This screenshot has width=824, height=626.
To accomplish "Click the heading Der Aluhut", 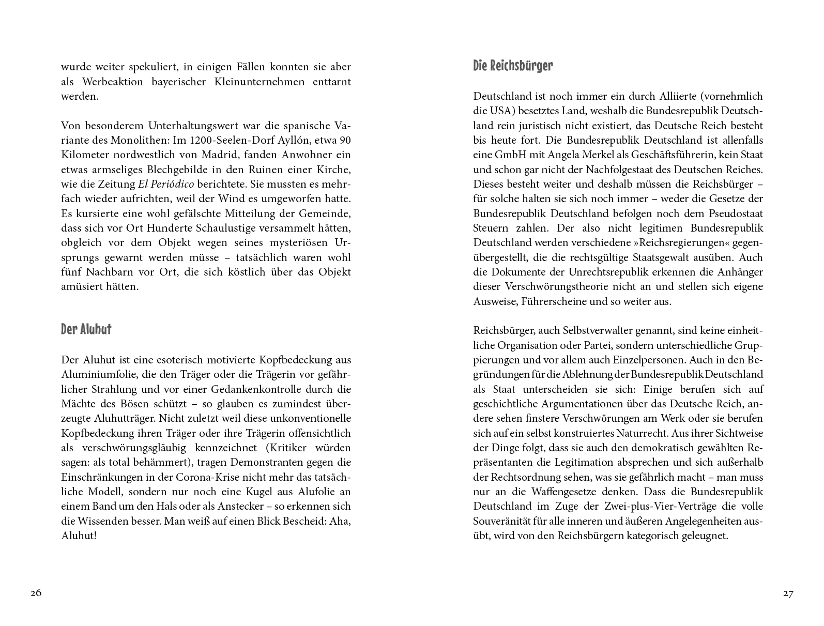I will pyautogui.click(x=86, y=329).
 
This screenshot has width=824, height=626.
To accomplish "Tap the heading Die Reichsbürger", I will pyautogui.click(x=513, y=66).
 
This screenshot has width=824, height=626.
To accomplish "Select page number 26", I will pyautogui.click(x=36, y=593).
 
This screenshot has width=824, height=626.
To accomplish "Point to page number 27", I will pyautogui.click(x=788, y=593).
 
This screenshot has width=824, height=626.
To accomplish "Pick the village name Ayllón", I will pyautogui.click(x=299, y=140).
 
